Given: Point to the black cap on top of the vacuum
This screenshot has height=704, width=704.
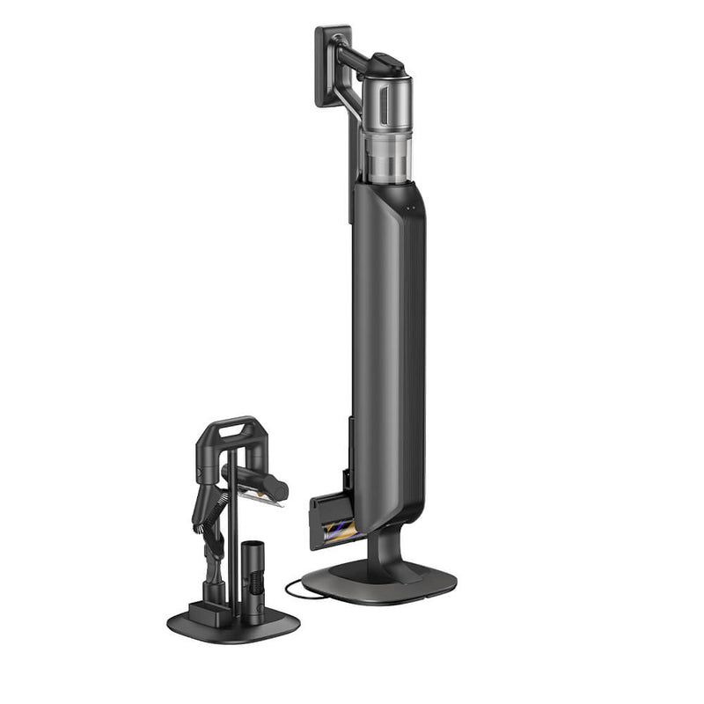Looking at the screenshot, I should [x=387, y=63].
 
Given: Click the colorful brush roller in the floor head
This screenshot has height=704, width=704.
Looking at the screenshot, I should [x=338, y=530].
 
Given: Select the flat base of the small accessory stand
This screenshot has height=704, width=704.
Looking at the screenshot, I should [x=233, y=625].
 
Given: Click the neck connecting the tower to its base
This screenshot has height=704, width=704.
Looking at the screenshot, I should [x=381, y=550].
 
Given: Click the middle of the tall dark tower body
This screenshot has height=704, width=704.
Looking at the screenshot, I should [x=388, y=352].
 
